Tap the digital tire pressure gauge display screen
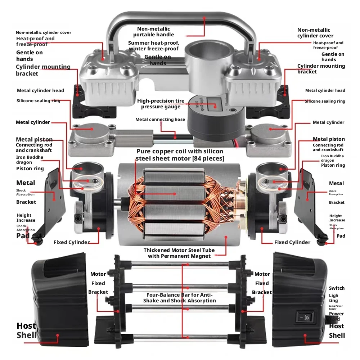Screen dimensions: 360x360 coord(214,104)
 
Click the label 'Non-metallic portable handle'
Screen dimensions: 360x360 coord(154,32)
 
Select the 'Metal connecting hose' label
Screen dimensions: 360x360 coord(160,120)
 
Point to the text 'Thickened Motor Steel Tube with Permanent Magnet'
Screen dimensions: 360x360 coord(179,253)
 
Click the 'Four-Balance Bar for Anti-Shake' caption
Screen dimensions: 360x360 coord(180,298)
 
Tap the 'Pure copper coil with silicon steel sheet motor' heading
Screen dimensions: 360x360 coord(180,155)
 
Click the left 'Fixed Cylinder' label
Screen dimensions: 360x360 coord(71,242)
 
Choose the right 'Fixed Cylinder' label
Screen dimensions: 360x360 coord(292,242)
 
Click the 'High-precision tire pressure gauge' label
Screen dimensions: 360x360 coord(161,104)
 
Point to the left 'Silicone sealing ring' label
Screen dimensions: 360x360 coord(39,101)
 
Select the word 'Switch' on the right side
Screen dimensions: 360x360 coord(337,288)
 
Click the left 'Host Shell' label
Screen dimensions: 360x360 coord(26,330)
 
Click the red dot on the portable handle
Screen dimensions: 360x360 coord(204,17)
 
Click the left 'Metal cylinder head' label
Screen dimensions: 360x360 coord(40,90)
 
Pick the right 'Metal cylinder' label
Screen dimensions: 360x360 coord(328,122)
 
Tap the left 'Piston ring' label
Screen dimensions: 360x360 coord(30,168)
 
